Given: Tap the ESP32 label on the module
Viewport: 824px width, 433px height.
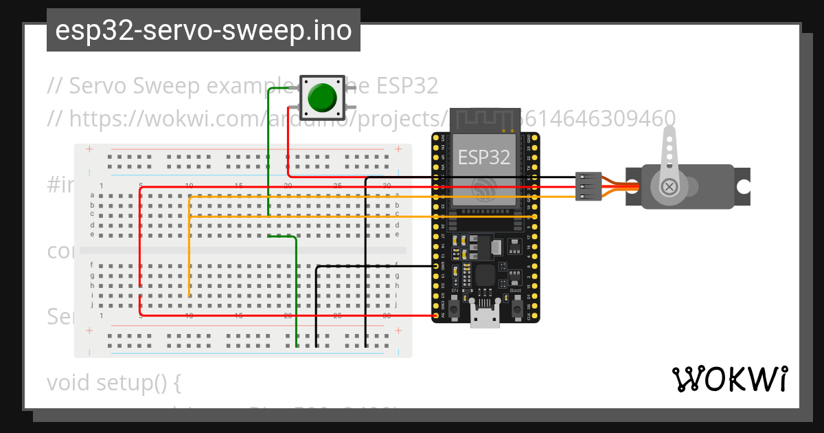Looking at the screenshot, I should coord(484,157).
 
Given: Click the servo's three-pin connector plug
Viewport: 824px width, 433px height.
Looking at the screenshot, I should coord(588,186).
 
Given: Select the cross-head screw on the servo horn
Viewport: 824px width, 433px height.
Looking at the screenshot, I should coord(668,187).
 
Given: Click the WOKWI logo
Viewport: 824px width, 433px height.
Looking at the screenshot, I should coord(730,379).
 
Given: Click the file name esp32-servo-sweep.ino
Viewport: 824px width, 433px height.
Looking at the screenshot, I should coord(203,31).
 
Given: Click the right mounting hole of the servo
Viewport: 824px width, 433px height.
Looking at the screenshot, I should coord(742,187).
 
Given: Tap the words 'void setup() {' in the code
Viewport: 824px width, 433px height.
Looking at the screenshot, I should coord(113,382).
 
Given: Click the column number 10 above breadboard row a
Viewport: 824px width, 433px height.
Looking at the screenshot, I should coord(190,186).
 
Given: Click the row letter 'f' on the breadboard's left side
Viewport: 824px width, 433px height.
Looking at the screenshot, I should coord(91,265).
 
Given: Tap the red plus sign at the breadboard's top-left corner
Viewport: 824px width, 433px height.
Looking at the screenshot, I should coord(89,149).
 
